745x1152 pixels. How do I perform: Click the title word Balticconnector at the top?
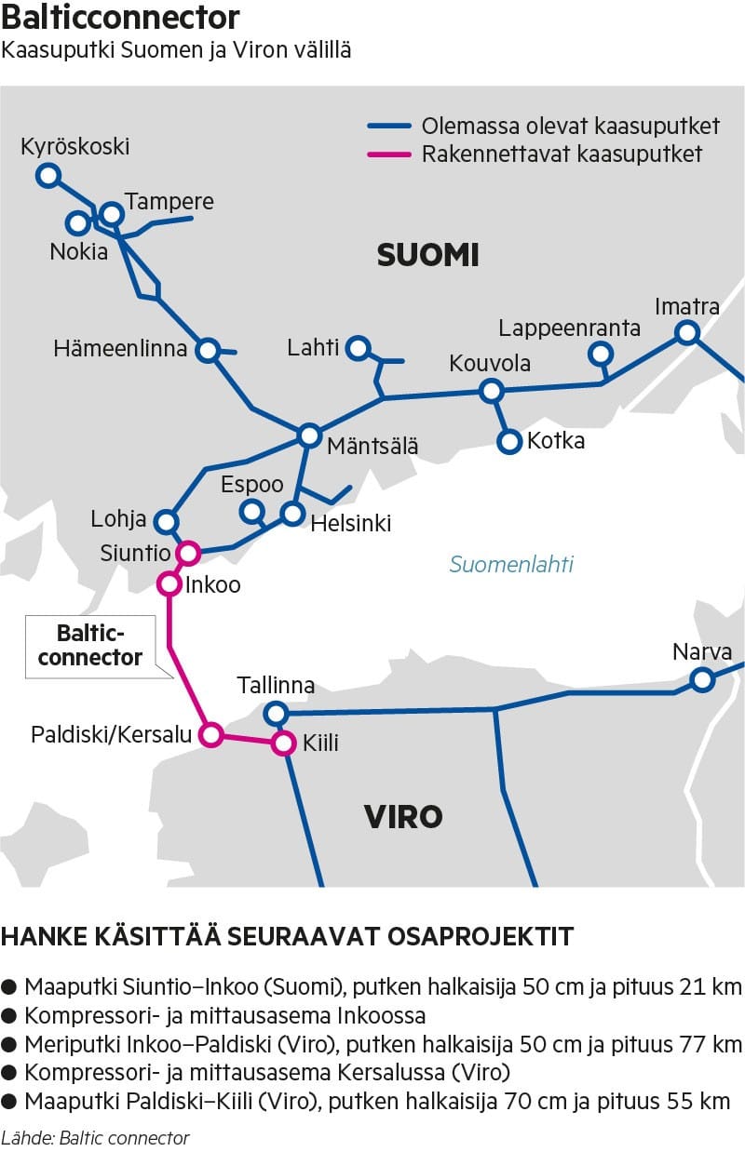(121, 18)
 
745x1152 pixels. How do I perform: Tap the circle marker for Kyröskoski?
(47, 175)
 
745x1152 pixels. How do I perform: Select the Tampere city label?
(169, 202)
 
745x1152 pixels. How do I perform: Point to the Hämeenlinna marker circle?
(209, 350)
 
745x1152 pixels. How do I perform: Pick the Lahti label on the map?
(313, 347)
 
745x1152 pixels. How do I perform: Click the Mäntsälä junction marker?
(309, 435)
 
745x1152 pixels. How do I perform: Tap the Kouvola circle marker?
(491, 391)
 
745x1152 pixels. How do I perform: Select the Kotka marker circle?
(509, 441)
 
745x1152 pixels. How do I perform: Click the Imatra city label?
(687, 306)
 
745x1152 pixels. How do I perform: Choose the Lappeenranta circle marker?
(601, 354)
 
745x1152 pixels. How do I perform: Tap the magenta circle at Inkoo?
(169, 584)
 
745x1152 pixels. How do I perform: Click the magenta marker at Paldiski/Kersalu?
(211, 735)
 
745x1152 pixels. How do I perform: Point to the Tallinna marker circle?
(275, 714)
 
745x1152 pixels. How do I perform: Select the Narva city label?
(702, 651)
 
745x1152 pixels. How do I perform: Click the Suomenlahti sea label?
(511, 564)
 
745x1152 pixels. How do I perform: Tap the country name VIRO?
(402, 817)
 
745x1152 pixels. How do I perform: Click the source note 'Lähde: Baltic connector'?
(95, 1137)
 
